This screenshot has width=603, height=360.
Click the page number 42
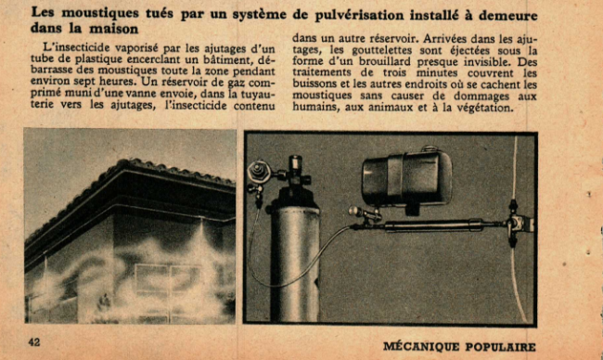tap(33, 342)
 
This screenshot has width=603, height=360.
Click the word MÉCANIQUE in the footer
tap(421, 346)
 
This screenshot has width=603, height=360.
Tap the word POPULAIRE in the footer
tap(500, 346)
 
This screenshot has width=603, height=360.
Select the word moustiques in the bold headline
tap(100, 13)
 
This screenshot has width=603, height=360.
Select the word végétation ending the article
tap(485, 108)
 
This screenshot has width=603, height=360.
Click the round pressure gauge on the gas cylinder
tap(259, 172)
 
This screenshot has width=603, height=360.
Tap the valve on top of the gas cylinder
tap(295, 174)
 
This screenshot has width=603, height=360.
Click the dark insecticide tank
tap(407, 178)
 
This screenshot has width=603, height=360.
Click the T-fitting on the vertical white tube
tap(520, 224)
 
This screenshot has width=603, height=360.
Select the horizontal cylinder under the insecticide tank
tap(433, 225)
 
